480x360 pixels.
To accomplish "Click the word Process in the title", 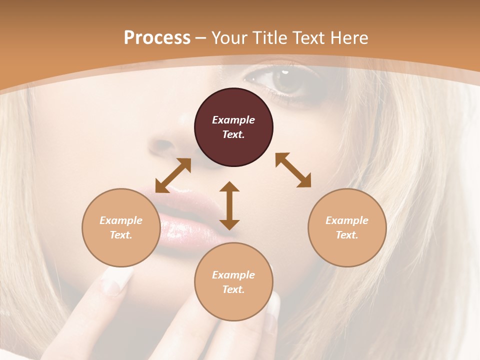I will point(157,38).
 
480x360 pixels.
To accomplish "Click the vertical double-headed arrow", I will point(229,205).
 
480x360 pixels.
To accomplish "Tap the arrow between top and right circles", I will point(293,170).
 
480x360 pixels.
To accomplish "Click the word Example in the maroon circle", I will point(233,120).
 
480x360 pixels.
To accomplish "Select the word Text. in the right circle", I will point(347,235).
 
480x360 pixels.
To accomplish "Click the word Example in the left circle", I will point(121,220).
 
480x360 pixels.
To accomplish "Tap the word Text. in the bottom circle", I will point(233,289).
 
